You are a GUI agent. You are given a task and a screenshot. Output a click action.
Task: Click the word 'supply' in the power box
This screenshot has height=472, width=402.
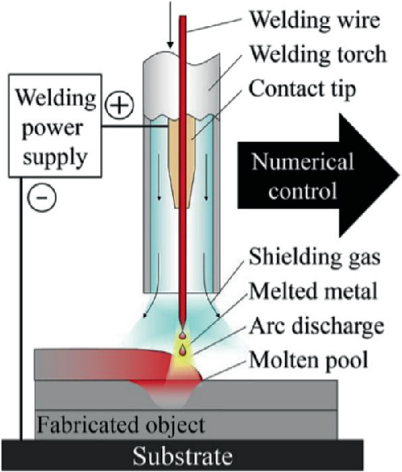pyautogui.click(x=53, y=156)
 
